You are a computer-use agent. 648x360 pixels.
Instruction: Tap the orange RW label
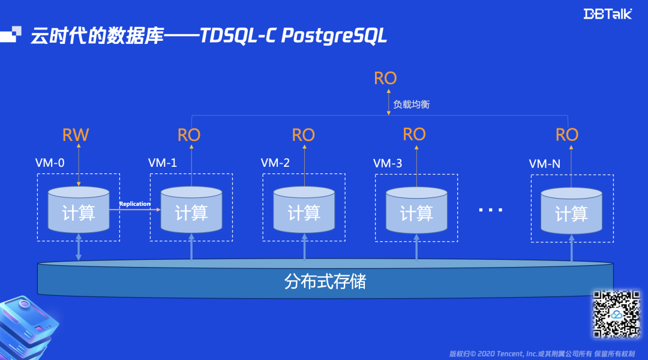(x=76, y=134)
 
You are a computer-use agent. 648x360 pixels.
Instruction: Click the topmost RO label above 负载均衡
(x=385, y=78)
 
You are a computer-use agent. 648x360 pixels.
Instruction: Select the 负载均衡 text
(x=411, y=104)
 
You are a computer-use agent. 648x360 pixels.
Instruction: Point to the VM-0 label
(x=49, y=163)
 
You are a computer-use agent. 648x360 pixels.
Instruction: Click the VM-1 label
(x=163, y=163)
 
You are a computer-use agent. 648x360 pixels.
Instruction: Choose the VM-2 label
(x=275, y=163)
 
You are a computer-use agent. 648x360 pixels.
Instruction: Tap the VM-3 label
(x=388, y=163)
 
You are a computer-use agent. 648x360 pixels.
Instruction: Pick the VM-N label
(x=544, y=163)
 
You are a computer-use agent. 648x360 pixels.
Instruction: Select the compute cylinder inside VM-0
(x=79, y=211)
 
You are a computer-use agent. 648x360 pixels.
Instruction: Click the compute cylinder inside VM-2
(x=304, y=211)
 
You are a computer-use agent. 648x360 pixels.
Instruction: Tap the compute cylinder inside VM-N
(x=571, y=211)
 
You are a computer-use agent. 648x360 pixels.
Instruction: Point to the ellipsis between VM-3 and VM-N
(x=490, y=211)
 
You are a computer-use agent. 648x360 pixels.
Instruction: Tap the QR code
(x=616, y=314)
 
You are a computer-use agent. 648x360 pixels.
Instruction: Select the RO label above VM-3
(x=414, y=134)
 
